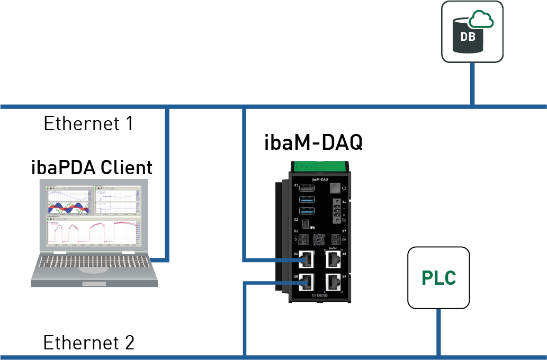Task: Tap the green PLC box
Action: coord(438,277)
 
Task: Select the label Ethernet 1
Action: coord(88,124)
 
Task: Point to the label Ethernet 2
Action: coord(88,343)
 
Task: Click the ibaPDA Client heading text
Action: coord(92,167)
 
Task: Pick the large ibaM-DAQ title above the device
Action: coord(313,142)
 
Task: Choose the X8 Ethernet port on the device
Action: coord(334,259)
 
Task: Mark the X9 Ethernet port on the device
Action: coord(334,282)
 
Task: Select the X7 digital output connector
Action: coord(335,239)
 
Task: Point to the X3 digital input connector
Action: coord(303,239)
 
